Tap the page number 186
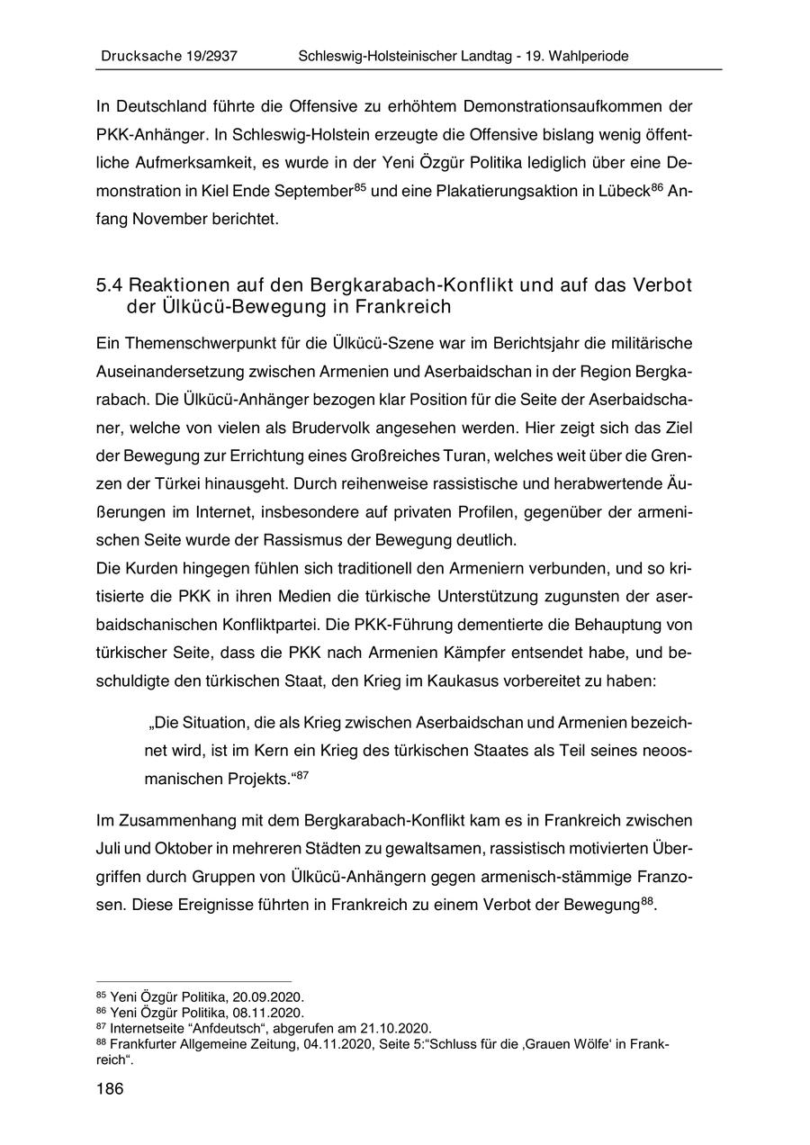pyautogui.click(x=109, y=1088)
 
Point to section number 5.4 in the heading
pyautogui.click(x=109, y=285)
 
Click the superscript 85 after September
pyautogui.click(x=360, y=186)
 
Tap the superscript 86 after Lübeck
pyautogui.click(x=659, y=186)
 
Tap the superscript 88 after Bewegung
pyautogui.click(x=647, y=901)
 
